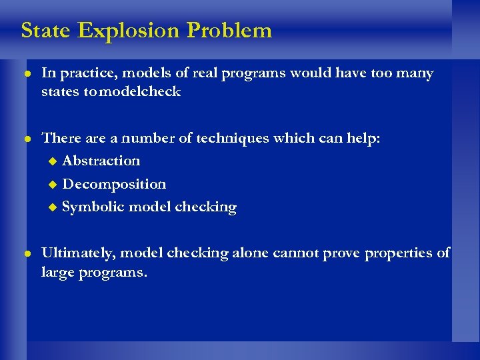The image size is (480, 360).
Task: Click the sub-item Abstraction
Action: (x=101, y=161)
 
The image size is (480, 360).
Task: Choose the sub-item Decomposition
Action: (x=114, y=184)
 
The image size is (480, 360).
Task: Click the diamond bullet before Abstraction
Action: (x=54, y=161)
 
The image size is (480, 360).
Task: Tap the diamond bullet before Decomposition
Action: (x=54, y=185)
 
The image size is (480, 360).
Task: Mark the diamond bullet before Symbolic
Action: (x=54, y=208)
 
